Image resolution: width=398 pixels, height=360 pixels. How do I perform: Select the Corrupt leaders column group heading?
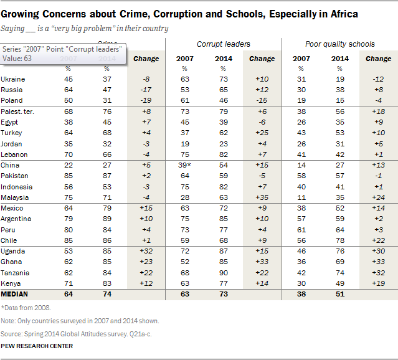[x=224, y=44]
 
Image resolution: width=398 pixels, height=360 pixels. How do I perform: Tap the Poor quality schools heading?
[x=339, y=44]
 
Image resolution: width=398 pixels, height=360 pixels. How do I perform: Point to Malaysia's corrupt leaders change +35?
[x=262, y=197]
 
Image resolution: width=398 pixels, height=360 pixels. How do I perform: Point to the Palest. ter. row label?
[x=19, y=111]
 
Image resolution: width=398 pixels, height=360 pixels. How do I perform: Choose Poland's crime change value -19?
[x=146, y=100]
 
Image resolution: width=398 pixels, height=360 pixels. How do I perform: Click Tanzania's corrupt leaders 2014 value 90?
[x=224, y=273]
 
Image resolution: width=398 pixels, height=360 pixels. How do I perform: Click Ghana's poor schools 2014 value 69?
[x=339, y=262]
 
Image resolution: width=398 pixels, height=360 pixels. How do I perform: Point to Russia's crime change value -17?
[x=146, y=89]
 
